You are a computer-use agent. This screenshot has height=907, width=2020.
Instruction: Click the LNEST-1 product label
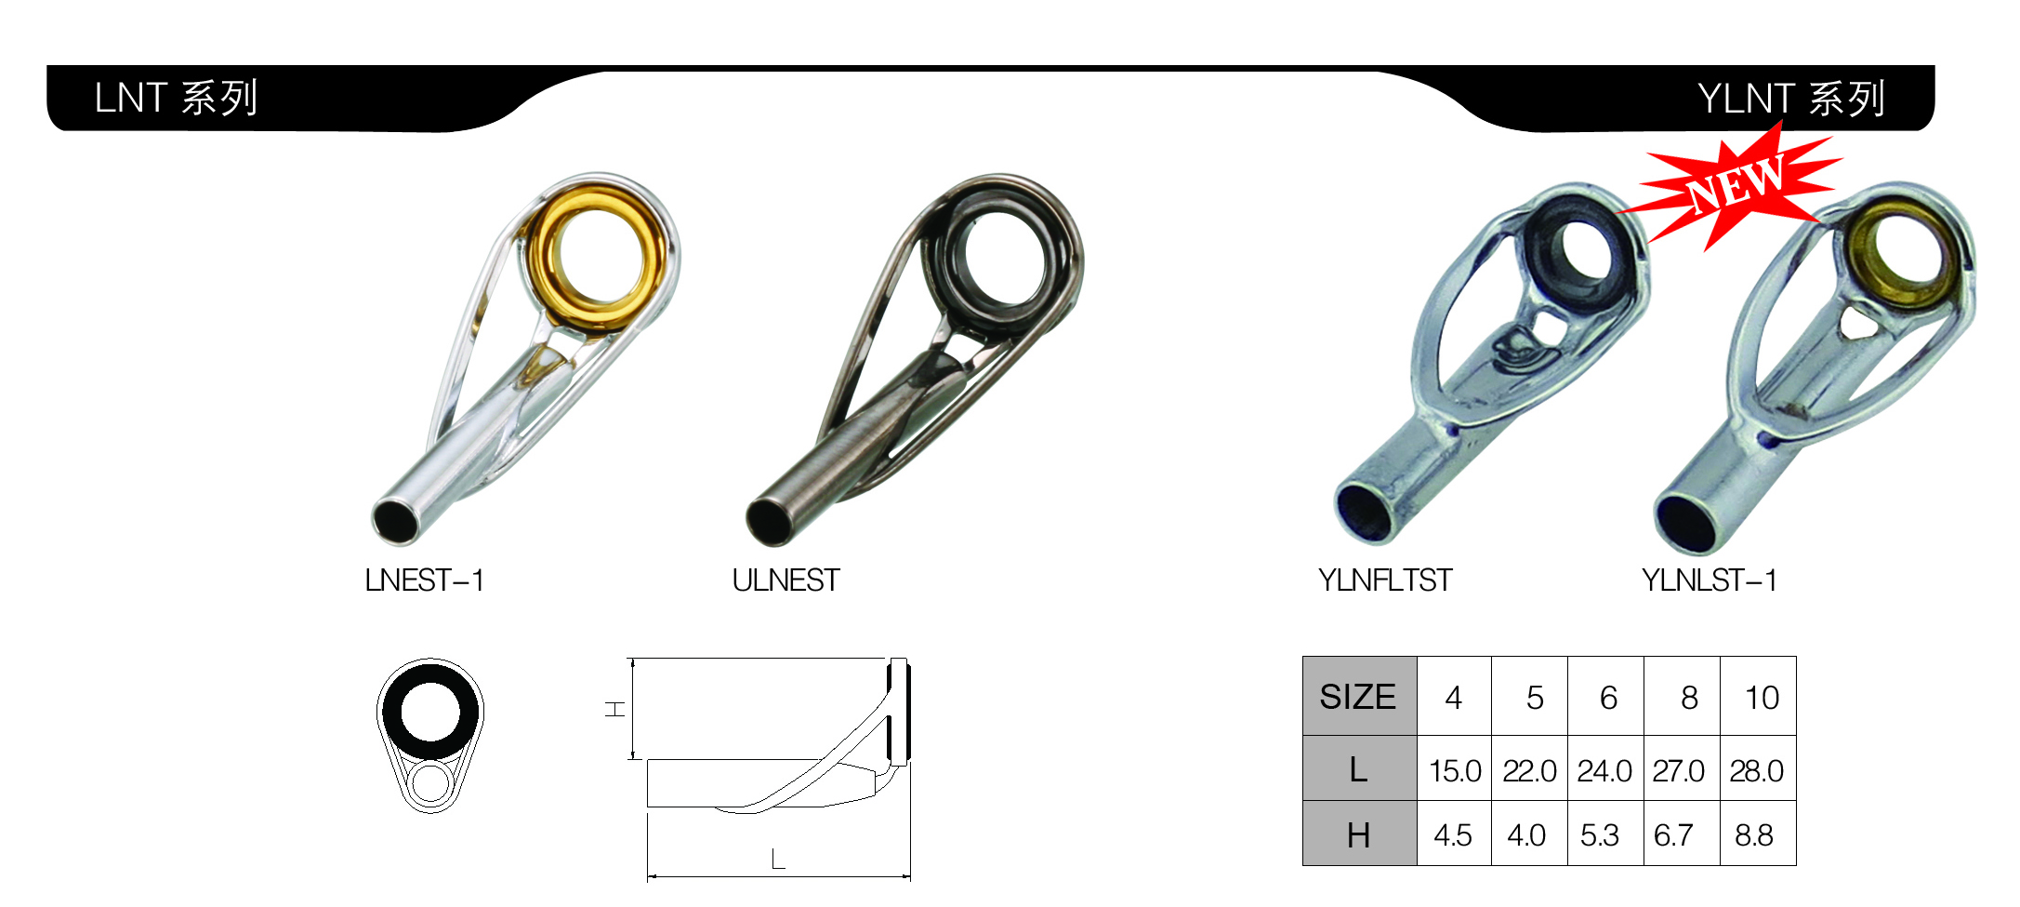click(425, 580)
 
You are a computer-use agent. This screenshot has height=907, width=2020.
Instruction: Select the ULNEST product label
click(786, 580)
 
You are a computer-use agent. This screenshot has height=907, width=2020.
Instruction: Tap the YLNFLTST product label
click(1385, 580)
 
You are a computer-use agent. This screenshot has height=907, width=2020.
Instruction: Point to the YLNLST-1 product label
click(1710, 580)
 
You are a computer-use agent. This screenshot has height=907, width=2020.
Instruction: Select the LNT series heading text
click(176, 98)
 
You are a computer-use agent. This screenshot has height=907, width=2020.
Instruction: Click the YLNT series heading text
click(1791, 99)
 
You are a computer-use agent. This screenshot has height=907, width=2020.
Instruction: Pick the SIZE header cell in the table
click(1359, 696)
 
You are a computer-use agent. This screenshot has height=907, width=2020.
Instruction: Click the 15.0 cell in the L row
click(1455, 770)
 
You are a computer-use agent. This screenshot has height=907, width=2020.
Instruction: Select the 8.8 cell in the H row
click(1754, 834)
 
